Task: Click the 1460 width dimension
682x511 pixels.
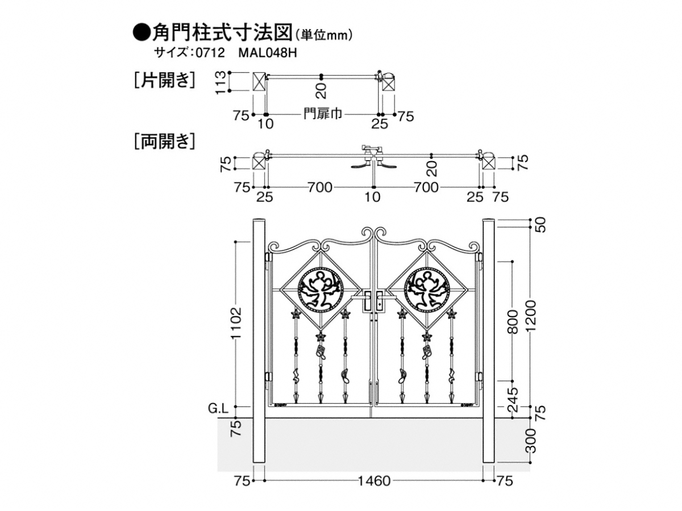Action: point(374,481)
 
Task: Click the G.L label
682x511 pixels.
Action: point(218,407)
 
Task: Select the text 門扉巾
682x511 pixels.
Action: point(322,114)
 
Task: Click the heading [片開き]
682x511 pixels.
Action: point(164,80)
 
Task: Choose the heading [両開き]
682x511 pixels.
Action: point(164,140)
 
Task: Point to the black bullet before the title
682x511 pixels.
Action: point(140,32)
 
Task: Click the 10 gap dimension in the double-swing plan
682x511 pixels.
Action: point(372,197)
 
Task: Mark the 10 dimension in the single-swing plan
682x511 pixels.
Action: point(265,124)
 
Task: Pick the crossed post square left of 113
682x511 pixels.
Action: point(259,82)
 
